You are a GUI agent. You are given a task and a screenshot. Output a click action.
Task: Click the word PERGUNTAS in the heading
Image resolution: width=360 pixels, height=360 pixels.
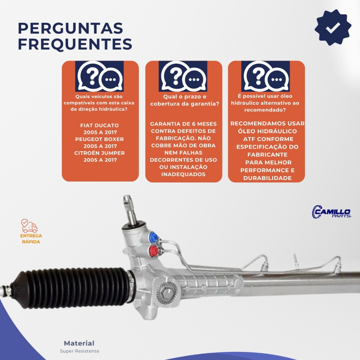70,28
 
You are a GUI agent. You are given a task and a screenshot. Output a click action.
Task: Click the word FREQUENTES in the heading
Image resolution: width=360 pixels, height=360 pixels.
75,44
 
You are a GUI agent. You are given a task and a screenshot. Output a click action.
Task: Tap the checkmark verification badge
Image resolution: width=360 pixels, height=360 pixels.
333,27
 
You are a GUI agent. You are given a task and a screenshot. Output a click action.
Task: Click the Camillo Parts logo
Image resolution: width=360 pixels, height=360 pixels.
331,211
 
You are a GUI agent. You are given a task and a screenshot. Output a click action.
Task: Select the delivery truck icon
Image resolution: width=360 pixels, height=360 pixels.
29,226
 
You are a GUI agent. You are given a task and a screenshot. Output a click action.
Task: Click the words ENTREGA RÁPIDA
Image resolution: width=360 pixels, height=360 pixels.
31,239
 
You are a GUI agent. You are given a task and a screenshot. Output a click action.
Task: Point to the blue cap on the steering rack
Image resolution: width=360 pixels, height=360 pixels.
153,237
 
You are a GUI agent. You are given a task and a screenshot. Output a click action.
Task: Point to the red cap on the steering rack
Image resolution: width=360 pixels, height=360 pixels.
153,250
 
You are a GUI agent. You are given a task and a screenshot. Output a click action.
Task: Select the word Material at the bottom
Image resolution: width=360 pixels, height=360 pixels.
79,343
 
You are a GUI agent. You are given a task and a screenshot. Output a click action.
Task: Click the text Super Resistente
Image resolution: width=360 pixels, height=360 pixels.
79,351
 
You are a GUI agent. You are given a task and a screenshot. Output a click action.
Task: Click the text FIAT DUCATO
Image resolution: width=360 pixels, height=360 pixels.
99,126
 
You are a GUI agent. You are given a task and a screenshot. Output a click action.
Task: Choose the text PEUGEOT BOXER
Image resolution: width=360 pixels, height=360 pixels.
99,139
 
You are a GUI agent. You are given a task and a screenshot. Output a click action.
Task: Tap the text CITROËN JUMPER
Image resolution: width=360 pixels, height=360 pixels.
99,153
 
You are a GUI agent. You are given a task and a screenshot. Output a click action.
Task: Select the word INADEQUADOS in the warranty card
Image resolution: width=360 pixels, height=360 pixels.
183,174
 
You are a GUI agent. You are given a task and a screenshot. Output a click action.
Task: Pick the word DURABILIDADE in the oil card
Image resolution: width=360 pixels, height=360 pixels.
267,178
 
